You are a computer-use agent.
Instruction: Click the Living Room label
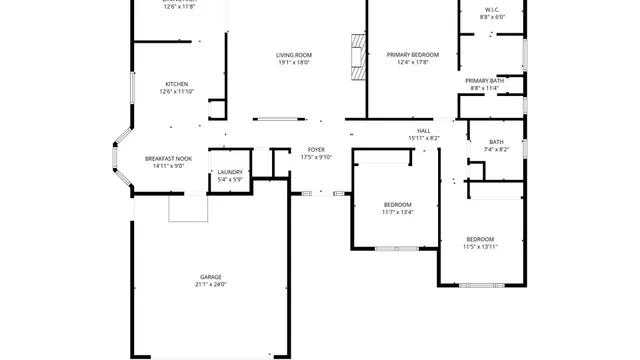294,55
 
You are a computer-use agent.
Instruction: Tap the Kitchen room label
177,84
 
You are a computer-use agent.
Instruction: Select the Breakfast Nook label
168,159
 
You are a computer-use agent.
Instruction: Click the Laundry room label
230,172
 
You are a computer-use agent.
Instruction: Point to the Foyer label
316,150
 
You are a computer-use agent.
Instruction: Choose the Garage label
210,277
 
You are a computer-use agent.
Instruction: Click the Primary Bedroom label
406,55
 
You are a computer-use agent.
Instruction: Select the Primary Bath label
484,80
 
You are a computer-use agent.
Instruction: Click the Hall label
424,130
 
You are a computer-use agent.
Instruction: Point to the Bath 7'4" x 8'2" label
496,141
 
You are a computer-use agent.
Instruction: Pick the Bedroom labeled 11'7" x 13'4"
397,204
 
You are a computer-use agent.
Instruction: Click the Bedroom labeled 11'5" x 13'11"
481,239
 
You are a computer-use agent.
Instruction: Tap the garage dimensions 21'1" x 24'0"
210,285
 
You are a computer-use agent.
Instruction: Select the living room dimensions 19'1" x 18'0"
294,63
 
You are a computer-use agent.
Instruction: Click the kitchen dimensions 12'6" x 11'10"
177,92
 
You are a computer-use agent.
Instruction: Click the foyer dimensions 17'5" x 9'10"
316,158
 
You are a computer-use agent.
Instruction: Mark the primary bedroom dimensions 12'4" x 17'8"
406,63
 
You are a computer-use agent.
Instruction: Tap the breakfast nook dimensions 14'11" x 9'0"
168,167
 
